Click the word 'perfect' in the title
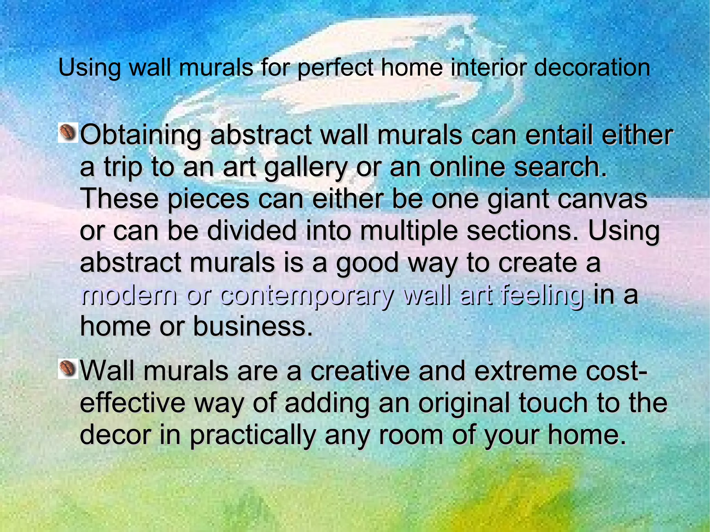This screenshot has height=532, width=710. (x=335, y=68)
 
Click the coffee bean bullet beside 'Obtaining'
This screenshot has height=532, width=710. (x=68, y=133)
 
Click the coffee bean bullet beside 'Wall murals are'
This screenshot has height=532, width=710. (x=68, y=368)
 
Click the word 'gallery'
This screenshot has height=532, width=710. (x=305, y=168)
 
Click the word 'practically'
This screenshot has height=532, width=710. (x=252, y=436)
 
